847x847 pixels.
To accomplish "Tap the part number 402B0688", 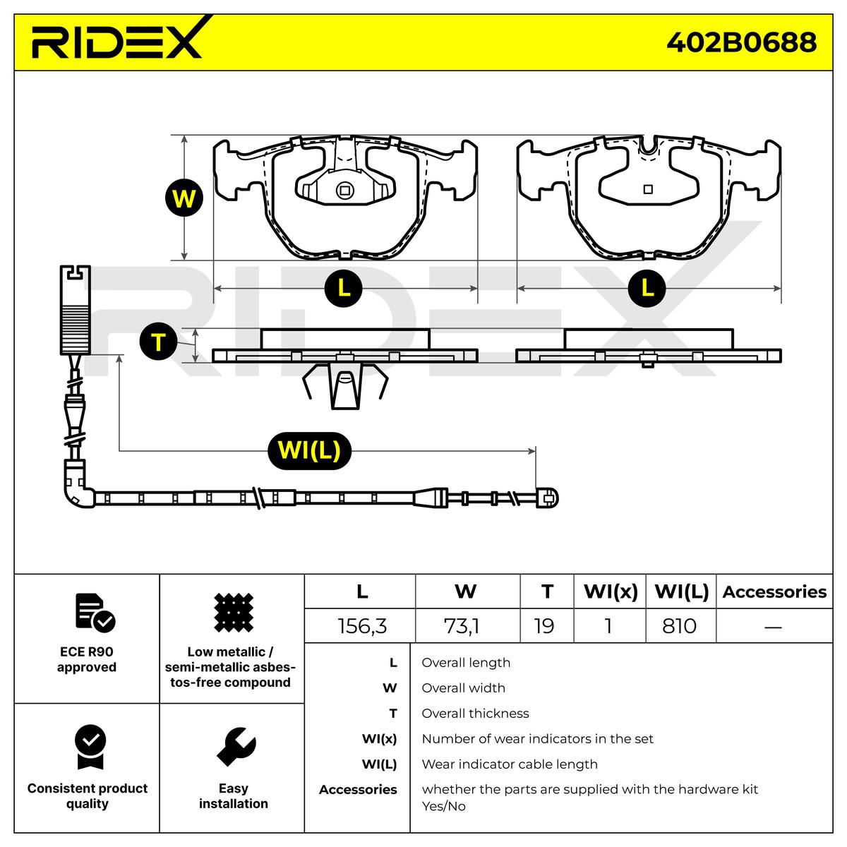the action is coord(741,42).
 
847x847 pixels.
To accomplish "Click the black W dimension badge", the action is coord(184,198).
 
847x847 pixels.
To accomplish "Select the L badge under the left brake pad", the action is coord(343,289).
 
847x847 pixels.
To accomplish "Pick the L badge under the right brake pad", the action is coord(647,289).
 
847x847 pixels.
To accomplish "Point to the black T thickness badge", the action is coord(158,342).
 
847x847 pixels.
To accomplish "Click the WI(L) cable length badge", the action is coord(309,450).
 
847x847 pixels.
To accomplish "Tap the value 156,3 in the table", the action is coord(362,626).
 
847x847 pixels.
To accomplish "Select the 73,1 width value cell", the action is coord(462,626).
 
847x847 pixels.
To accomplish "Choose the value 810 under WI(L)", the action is coord(679,626).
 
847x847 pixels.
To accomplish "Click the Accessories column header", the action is coord(774,592).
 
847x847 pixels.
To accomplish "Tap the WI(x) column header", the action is coord(611,592).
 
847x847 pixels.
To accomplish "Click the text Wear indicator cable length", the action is coord(510,764).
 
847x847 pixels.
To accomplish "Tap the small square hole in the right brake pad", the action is coord(647,189).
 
